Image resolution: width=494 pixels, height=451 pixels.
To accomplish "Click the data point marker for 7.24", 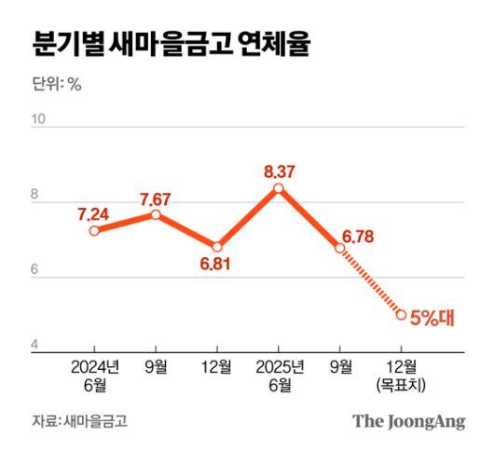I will pyautogui.click(x=94, y=230).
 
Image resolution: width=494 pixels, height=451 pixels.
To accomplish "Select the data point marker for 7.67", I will pyautogui.click(x=156, y=214).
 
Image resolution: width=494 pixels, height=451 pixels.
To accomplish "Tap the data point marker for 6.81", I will pyautogui.click(x=217, y=247).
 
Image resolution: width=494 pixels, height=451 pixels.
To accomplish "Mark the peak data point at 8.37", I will pyautogui.click(x=279, y=188).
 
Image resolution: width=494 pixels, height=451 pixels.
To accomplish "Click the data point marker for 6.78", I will pyautogui.click(x=340, y=248).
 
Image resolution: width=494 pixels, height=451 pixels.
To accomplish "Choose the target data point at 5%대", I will pyautogui.click(x=401, y=315).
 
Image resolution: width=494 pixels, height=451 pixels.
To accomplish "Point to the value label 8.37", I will pyautogui.click(x=280, y=171).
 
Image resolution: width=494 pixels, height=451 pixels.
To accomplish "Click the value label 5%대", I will pyautogui.click(x=432, y=317).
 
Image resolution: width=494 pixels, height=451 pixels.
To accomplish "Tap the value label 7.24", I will pyautogui.click(x=94, y=213).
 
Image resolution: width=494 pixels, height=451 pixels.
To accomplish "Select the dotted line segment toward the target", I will pyautogui.click(x=371, y=281).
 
